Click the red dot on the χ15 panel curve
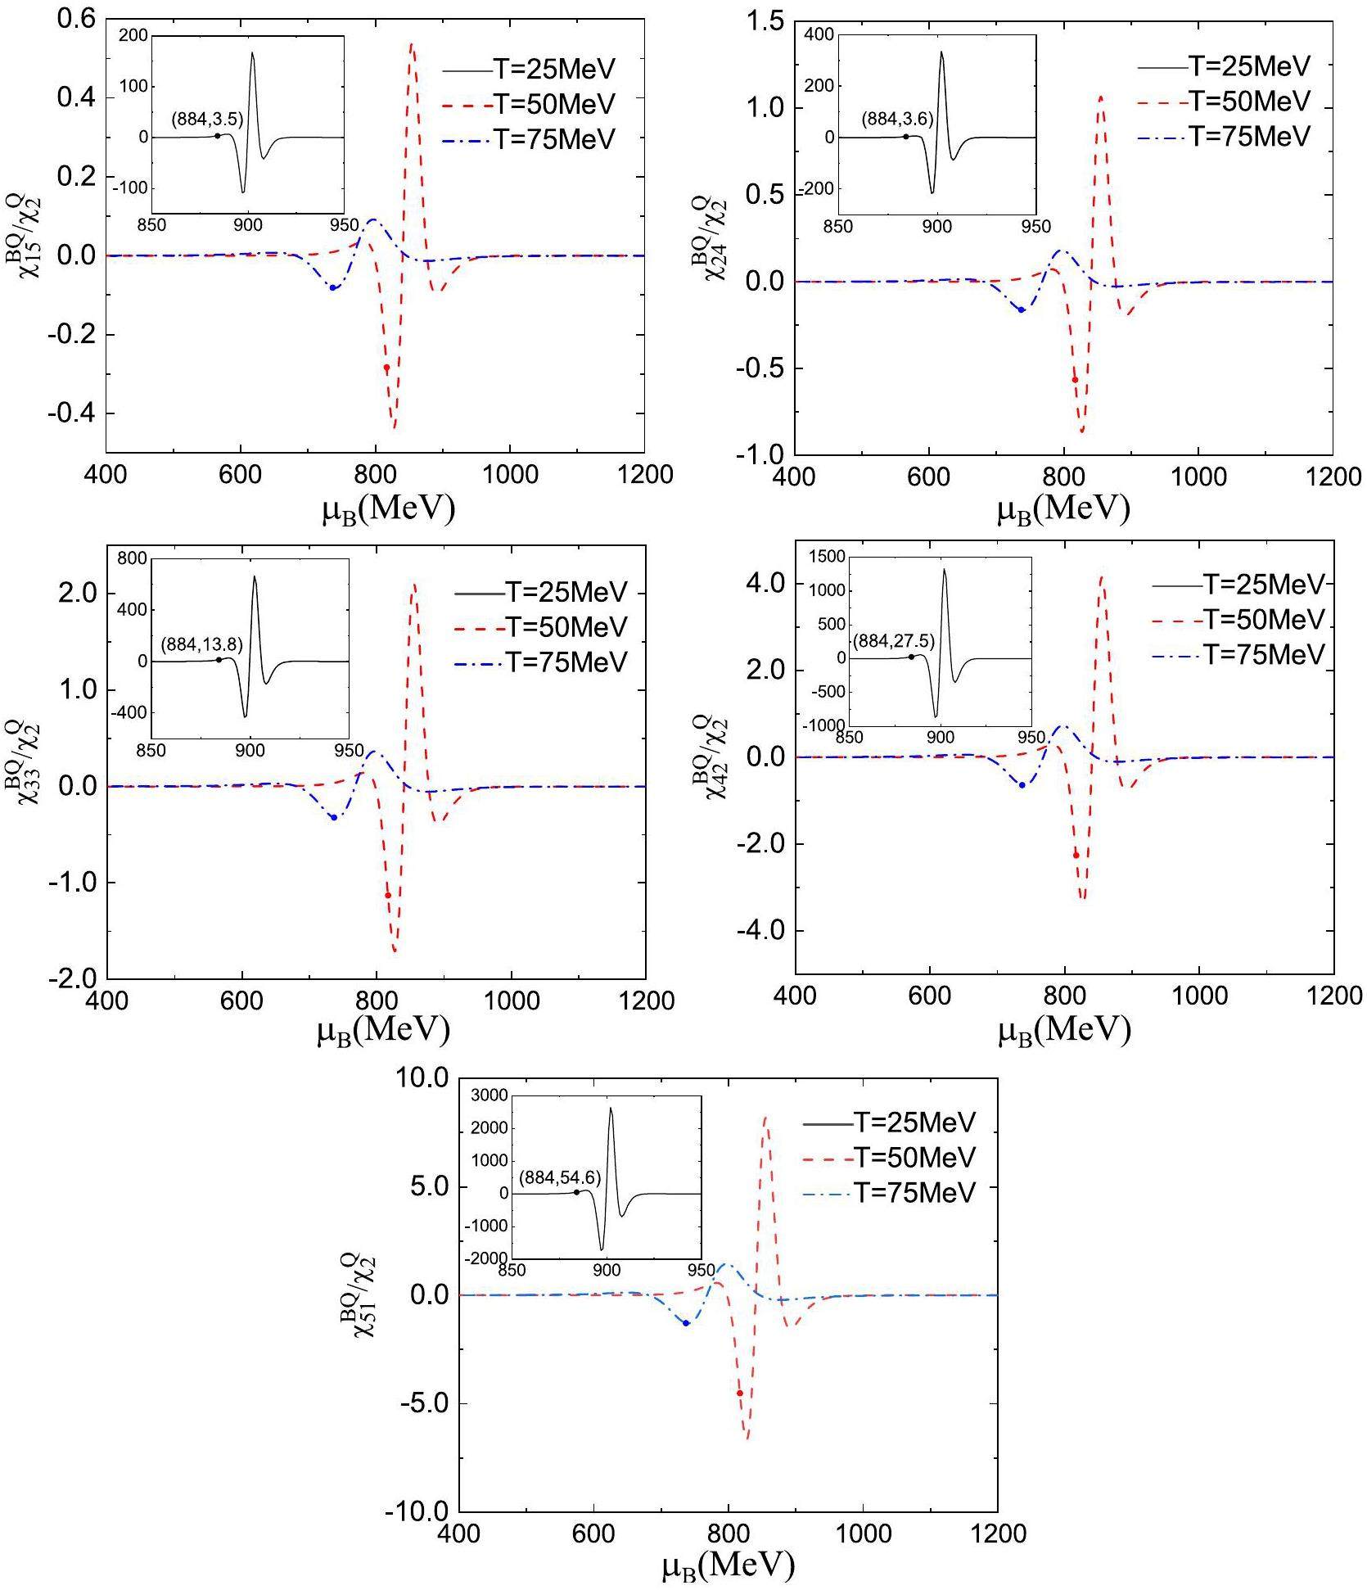[386, 368]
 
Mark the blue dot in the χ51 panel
[686, 1323]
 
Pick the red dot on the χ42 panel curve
[1076, 856]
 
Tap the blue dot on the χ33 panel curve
[333, 817]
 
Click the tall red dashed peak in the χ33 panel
[413, 585]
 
